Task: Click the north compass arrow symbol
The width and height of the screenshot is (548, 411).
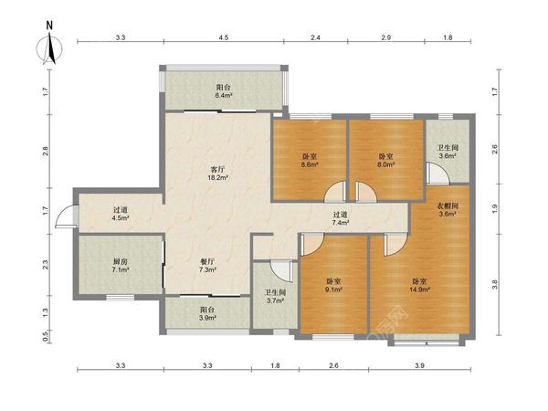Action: pos(50,48)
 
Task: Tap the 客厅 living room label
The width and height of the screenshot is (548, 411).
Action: pos(217,170)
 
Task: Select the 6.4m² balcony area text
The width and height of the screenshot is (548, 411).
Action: pos(224,95)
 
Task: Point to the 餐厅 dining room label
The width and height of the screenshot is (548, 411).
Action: pos(207,261)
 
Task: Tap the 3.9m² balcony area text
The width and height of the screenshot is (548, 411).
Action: pos(207,318)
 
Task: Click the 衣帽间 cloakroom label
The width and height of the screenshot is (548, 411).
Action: pos(448,205)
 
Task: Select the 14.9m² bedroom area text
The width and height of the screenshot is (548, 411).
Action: pos(419,290)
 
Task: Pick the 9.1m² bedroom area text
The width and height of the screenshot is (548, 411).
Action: pos(333,290)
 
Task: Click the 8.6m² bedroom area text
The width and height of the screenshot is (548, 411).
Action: pos(310,164)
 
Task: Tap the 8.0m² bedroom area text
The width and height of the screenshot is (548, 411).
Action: pos(386,164)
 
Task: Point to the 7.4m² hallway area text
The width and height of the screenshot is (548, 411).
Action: pos(341,222)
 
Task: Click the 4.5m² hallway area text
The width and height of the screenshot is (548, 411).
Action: pos(121,218)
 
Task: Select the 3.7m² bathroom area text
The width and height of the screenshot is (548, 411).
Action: pos(276,300)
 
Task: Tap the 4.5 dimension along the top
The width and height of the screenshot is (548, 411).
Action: pos(224,37)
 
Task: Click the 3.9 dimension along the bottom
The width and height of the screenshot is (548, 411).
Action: pos(419,365)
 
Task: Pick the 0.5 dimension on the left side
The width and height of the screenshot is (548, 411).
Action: pos(46,336)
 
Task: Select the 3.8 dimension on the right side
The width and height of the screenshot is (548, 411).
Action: pos(494,285)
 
